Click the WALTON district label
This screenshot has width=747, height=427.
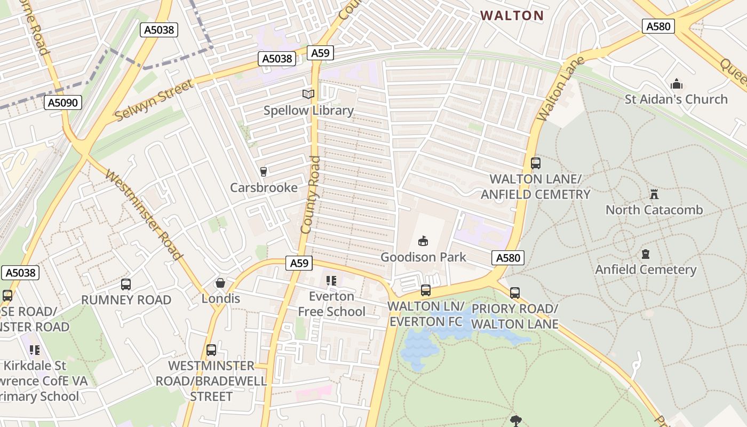pyautogui.click(x=512, y=15)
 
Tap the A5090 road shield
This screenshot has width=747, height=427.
pyautogui.click(x=63, y=102)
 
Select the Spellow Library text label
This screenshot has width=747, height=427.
pyautogui.click(x=308, y=110)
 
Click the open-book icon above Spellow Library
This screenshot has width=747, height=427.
pyautogui.click(x=308, y=94)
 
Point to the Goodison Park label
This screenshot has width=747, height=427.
pyautogui.click(x=423, y=257)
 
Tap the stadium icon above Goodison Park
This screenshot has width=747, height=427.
pyautogui.click(x=423, y=241)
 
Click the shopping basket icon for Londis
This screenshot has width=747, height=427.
pyautogui.click(x=220, y=283)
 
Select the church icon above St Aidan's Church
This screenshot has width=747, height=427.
pyautogui.click(x=677, y=84)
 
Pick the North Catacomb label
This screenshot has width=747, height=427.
pyautogui.click(x=654, y=210)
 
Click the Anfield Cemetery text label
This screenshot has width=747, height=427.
pyautogui.click(x=646, y=270)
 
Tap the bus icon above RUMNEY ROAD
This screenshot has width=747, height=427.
pyautogui.click(x=126, y=284)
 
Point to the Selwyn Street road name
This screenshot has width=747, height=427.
pyautogui.click(x=154, y=100)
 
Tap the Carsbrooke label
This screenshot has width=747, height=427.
pyautogui.click(x=264, y=188)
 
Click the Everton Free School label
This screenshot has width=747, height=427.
pyautogui.click(x=331, y=304)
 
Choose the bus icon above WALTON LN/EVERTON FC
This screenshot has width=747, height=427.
pyautogui.click(x=425, y=290)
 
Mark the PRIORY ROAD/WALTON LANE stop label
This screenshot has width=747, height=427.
pyautogui.click(x=515, y=316)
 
